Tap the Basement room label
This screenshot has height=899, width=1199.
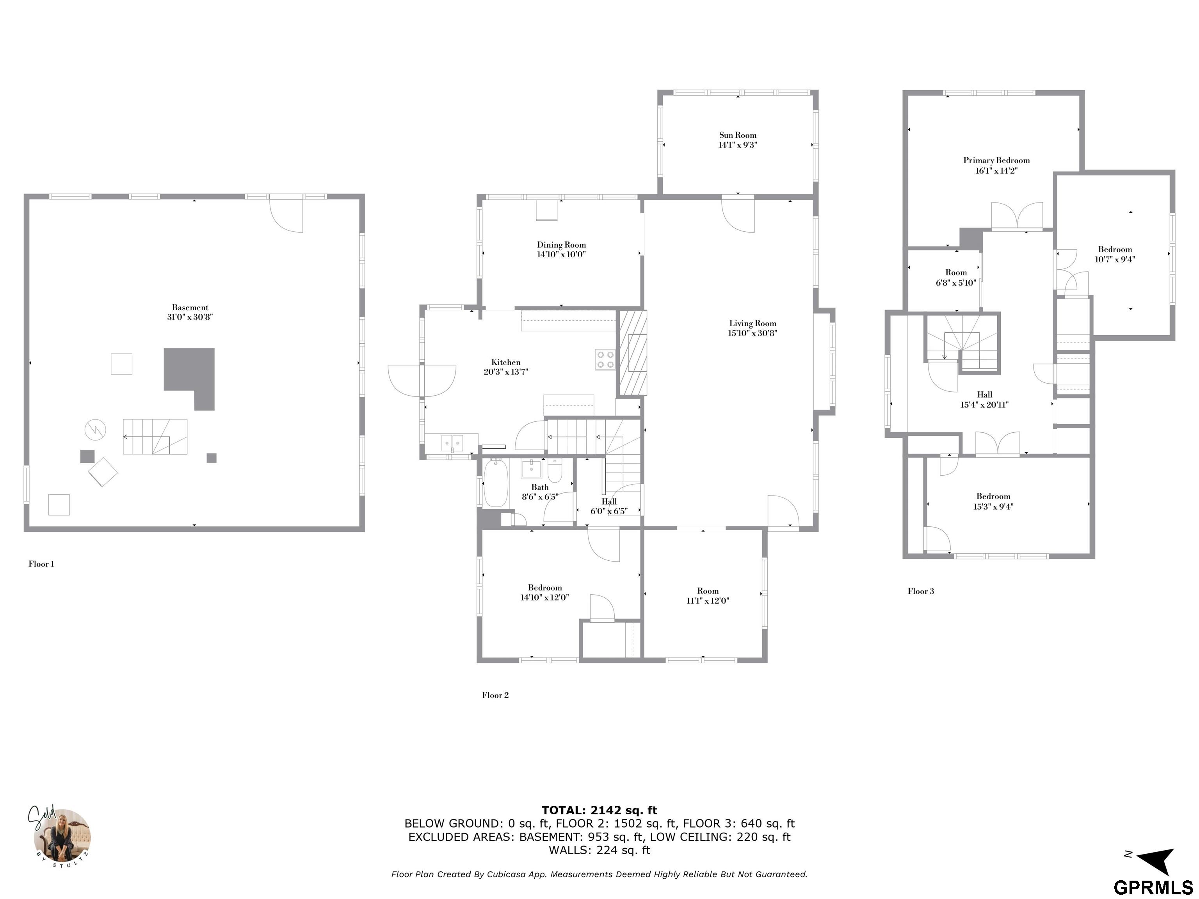point(190,307)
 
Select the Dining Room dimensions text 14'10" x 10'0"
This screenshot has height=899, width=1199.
point(562,254)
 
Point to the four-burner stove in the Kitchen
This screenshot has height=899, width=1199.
point(605,359)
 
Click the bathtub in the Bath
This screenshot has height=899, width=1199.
point(495,483)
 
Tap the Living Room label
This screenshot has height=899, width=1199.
point(752,323)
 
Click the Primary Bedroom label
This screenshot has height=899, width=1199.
point(996,160)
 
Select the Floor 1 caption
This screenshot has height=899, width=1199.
point(41,564)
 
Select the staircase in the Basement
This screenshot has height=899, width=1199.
point(155,437)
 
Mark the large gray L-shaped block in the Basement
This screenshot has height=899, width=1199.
point(190,378)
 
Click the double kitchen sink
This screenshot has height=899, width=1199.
point(452,443)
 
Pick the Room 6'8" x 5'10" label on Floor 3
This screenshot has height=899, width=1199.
point(956,277)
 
